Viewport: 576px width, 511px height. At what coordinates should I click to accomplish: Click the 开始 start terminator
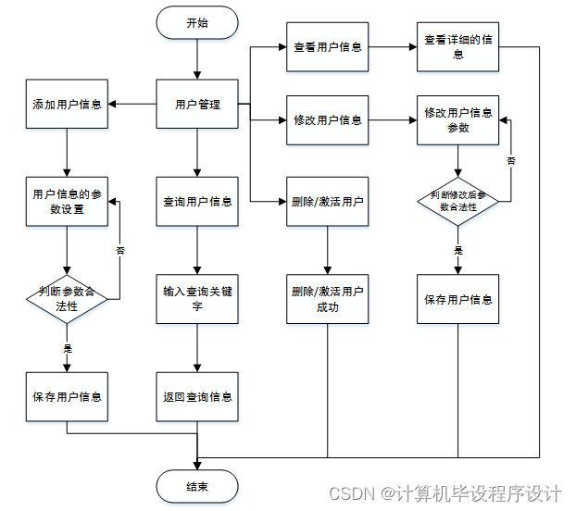coord(197,23)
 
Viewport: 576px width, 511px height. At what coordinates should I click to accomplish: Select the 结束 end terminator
coord(197,486)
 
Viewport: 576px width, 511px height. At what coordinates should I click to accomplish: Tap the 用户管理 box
coord(197,104)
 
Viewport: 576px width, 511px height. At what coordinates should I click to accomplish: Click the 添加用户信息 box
coord(67,104)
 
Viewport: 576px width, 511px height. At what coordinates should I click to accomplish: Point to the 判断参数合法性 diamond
coord(67,298)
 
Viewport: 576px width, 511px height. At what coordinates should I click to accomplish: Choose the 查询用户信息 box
coord(197,201)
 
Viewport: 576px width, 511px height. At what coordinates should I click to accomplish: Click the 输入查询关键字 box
coord(197,298)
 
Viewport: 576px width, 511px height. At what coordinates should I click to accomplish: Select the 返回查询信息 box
coord(197,396)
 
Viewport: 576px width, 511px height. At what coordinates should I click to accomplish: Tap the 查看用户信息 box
coord(328,47)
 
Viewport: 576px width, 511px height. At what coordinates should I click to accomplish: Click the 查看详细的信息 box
coord(458,47)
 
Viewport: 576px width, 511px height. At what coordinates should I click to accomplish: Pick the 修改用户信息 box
coord(328,120)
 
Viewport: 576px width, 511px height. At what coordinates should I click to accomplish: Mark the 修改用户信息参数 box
coord(458,120)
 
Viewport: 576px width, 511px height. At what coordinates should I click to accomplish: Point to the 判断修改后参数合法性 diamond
coord(458,201)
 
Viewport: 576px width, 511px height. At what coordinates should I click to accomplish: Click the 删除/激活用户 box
coord(328,201)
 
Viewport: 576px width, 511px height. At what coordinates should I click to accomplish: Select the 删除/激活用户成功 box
coord(328,298)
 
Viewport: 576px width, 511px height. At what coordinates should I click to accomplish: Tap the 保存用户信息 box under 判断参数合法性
coord(67,396)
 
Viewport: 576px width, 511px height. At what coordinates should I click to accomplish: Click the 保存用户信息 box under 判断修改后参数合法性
coord(458,298)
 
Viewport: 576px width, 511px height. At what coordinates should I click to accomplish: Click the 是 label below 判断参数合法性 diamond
coord(67,348)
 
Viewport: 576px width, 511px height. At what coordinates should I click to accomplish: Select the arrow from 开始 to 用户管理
coord(197,60)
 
